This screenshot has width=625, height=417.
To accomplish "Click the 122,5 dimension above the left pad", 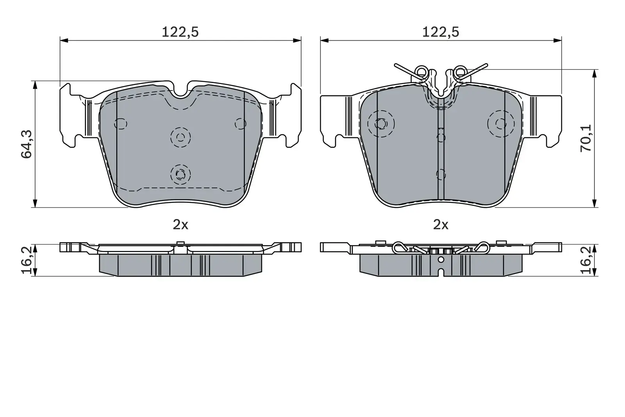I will coord(180,32).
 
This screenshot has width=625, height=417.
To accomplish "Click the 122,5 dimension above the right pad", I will coord(440,32).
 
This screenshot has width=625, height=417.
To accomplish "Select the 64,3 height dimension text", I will coord(26,144).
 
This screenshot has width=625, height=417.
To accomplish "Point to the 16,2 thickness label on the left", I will coord(26,260).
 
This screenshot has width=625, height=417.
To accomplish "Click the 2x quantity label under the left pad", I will coord(180,224).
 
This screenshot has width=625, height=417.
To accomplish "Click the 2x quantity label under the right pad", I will coord(441,224).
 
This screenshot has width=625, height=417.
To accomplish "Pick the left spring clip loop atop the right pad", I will coord(421,72).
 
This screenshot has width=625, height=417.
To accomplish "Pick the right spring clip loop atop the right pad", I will coord(461,72).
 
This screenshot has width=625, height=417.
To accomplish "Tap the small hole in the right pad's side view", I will coord(441,260).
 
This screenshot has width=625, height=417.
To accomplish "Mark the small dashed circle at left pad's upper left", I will coord(121,123).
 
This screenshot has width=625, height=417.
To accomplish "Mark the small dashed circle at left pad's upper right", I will coord(240,123).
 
